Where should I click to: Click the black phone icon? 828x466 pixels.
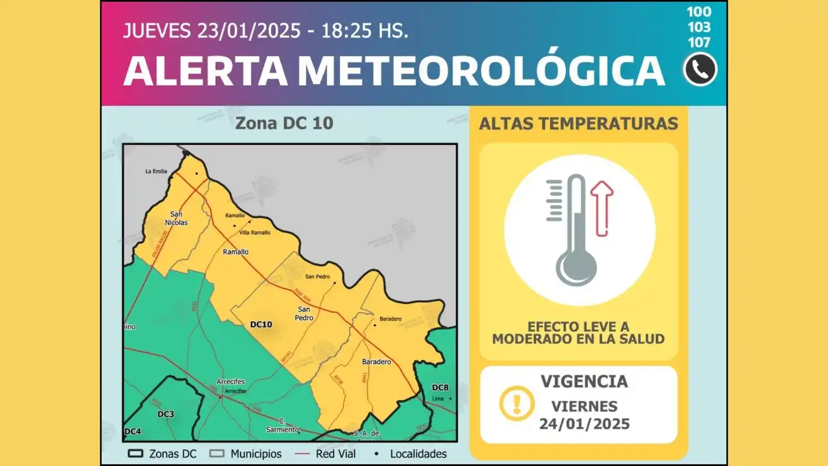click(700, 70)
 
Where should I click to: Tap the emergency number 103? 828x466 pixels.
click(699, 27)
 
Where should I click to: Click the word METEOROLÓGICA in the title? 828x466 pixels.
click(481, 71)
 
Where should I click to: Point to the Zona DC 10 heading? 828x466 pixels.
click(284, 123)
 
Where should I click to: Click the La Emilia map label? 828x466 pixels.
click(156, 171)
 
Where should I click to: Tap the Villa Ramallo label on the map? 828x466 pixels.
click(254, 232)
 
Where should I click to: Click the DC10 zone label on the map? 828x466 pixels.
click(261, 325)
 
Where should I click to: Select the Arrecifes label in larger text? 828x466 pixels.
click(231, 382)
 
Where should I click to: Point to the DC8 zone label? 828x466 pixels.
click(440, 388)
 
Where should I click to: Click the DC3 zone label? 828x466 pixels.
click(166, 414)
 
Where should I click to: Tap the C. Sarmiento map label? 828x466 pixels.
click(283, 426)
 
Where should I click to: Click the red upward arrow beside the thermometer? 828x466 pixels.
click(602, 207)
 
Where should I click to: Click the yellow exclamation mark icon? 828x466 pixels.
click(517, 404)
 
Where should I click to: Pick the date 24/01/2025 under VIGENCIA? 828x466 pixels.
click(585, 424)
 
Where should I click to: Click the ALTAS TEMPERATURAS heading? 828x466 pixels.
click(578, 124)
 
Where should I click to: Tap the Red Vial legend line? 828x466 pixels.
click(302, 454)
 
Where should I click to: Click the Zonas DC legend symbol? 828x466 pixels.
click(135, 454)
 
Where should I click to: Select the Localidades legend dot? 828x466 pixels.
click(376, 454)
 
